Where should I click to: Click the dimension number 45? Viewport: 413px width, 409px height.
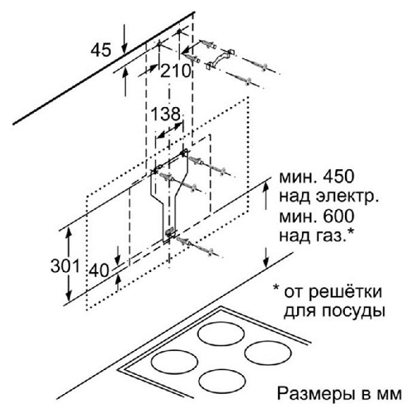[101, 50]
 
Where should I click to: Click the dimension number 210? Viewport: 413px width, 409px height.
[175, 71]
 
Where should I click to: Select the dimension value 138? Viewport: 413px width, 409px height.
[166, 114]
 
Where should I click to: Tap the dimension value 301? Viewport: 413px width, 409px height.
[65, 266]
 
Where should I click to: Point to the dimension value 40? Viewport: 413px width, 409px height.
[99, 270]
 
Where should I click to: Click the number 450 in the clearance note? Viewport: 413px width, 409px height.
[338, 177]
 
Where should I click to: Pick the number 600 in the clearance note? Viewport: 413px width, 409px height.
[338, 216]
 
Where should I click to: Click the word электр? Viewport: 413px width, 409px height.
[348, 198]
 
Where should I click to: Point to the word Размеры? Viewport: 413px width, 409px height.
[314, 394]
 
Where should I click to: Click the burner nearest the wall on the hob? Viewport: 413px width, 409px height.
[221, 334]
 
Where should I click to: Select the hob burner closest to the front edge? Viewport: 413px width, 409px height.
[222, 380]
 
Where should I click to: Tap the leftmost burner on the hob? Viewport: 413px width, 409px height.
[174, 362]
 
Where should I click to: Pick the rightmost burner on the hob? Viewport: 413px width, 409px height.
[268, 352]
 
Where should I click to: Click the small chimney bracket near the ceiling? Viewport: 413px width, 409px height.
[220, 59]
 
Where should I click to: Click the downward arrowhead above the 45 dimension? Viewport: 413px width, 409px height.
[124, 48]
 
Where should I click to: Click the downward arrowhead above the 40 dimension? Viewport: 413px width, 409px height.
[118, 259]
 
